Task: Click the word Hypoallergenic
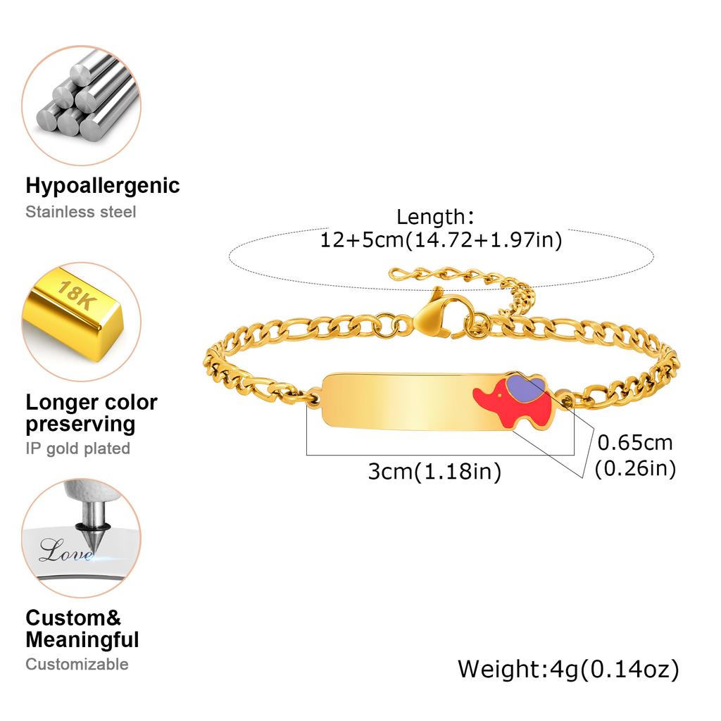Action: point(103,186)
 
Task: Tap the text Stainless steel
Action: point(81,212)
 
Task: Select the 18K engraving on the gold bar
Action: point(76,295)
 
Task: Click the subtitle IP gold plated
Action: point(78,449)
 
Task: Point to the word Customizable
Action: point(77,664)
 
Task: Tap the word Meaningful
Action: point(82,639)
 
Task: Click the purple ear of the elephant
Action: point(526,385)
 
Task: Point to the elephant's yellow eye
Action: point(500,394)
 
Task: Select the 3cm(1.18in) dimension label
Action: point(434,472)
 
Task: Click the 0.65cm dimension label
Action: point(635,443)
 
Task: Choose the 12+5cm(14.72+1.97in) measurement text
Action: point(441,240)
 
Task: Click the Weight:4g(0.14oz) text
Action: point(568,670)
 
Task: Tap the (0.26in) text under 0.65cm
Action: point(635,468)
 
